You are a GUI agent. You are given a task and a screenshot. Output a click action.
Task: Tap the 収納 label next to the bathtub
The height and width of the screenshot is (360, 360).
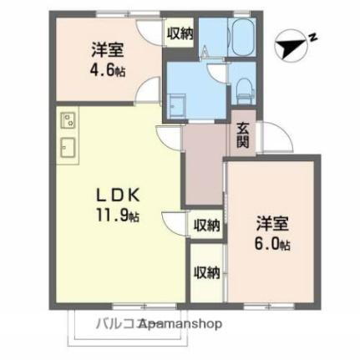click(x=180, y=33)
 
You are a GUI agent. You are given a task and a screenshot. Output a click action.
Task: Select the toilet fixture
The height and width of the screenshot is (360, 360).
click(x=242, y=87)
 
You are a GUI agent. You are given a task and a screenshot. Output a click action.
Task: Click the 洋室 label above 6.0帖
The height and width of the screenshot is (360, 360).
click(x=272, y=225)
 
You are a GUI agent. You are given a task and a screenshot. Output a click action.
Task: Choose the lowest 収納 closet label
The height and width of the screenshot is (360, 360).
click(x=206, y=271)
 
